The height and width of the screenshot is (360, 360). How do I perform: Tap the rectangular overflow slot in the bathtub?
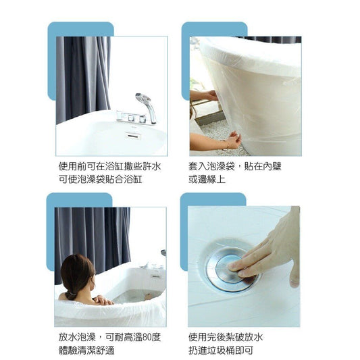[x=133, y=136]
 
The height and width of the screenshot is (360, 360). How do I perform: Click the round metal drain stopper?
[x=231, y=267]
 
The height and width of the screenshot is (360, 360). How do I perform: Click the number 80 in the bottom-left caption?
[x=147, y=337]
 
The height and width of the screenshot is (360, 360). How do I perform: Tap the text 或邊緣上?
[x=207, y=179]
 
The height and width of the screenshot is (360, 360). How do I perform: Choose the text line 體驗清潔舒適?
[x=86, y=350]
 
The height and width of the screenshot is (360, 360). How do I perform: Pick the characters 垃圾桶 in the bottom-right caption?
[x=230, y=350]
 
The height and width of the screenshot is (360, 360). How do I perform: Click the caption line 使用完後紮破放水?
[x=226, y=337]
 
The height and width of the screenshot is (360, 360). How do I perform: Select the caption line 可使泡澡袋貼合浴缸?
[x=101, y=179]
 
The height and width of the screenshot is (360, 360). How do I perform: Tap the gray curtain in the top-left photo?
[x=82, y=78]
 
